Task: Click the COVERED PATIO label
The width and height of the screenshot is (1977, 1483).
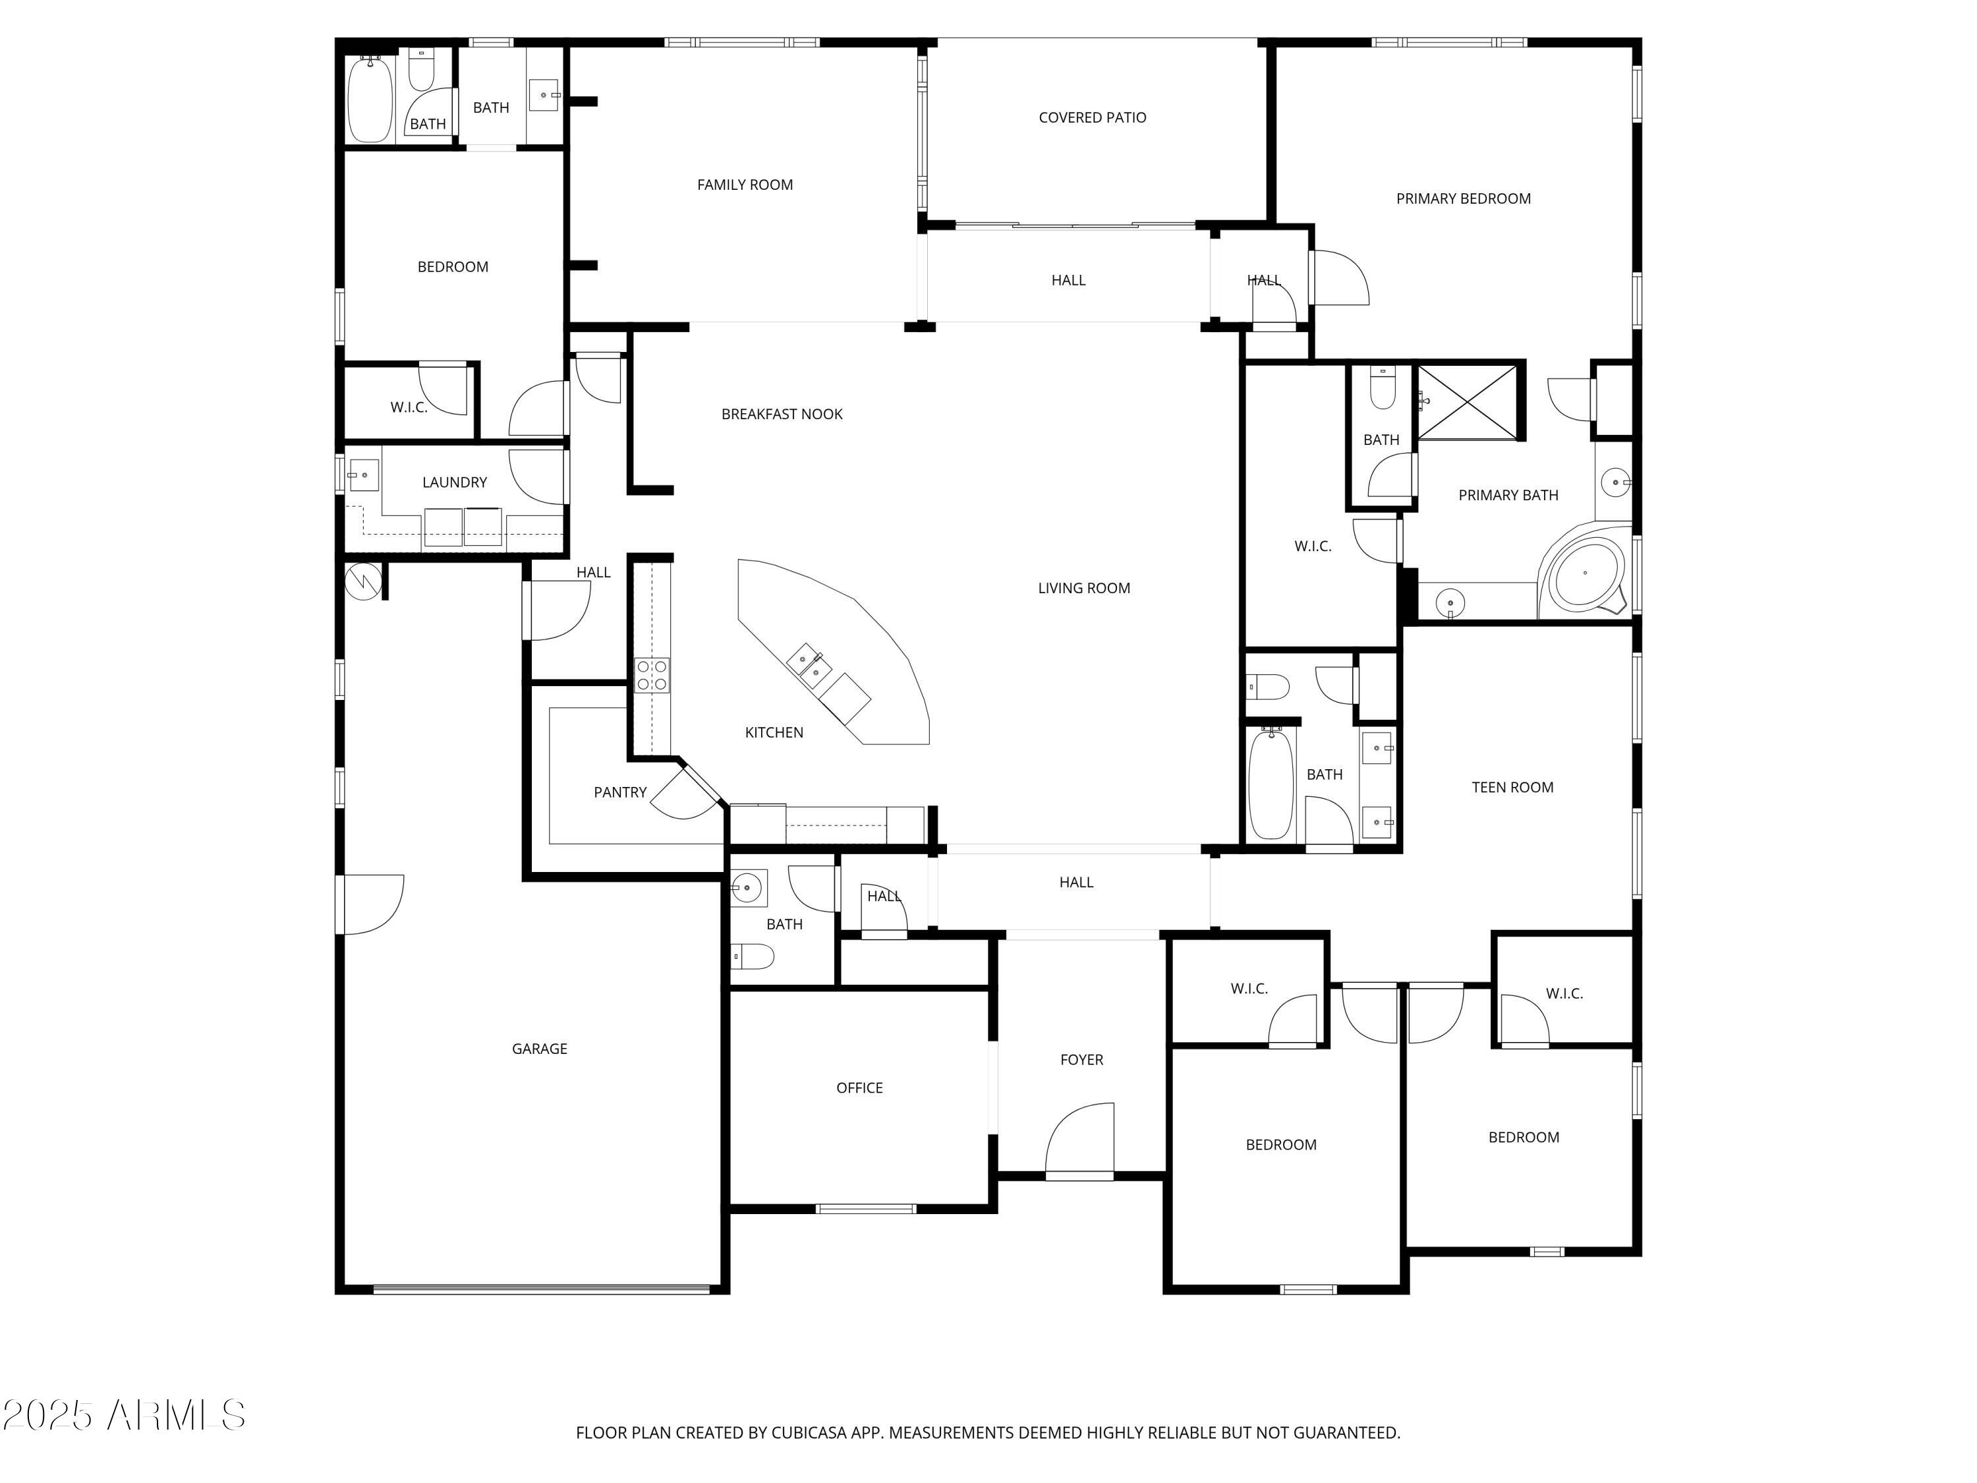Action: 1091,117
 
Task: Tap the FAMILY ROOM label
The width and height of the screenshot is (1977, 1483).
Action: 745,184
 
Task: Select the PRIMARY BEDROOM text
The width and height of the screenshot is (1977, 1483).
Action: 1462,198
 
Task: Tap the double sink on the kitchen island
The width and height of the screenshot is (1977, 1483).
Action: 809,666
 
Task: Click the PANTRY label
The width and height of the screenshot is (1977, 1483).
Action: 619,792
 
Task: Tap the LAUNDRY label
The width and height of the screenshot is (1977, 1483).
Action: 454,482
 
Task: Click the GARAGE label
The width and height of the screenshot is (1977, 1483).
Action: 539,1049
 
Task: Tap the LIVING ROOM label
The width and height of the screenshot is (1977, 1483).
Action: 1083,587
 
